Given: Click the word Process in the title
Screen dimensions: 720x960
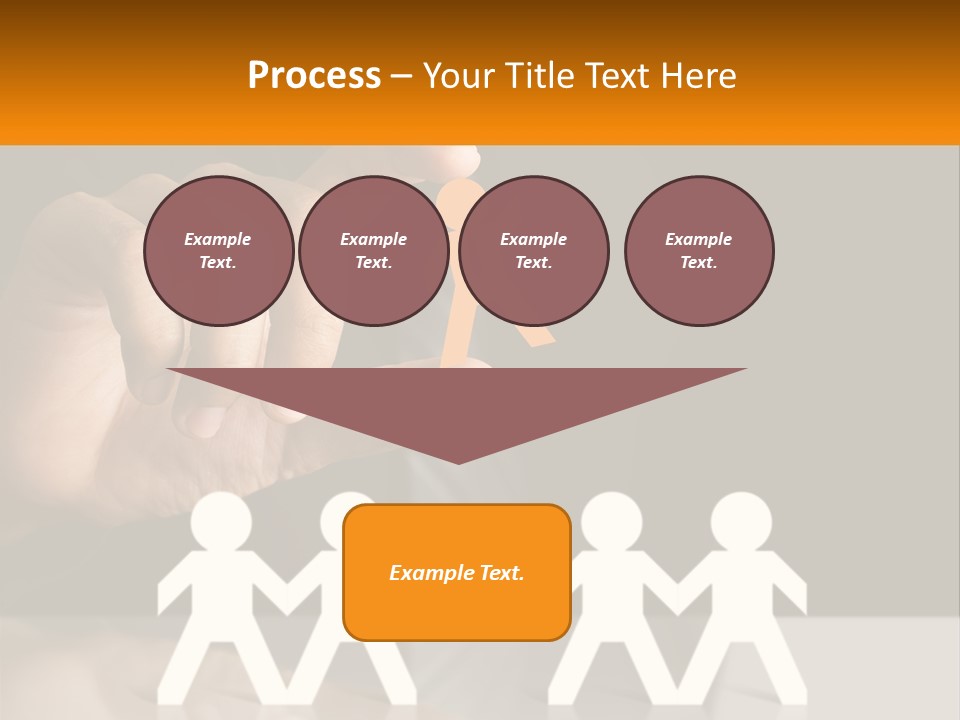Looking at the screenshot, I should (314, 75).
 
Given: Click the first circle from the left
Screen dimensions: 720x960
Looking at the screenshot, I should (219, 251).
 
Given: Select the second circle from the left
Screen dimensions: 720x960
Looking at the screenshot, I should (374, 251).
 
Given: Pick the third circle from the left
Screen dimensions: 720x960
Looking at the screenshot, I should (534, 251).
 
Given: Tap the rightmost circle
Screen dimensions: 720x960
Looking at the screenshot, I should (699, 251).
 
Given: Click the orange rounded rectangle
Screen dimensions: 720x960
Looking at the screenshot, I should (457, 572).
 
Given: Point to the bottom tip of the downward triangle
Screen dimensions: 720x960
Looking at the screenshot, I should (458, 462).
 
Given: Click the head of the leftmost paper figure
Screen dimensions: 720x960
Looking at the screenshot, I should (221, 521).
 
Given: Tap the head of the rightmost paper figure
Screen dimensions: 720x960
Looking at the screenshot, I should (741, 521).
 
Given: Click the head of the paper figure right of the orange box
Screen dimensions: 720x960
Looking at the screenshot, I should (611, 521).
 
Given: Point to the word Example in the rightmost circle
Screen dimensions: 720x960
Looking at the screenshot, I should (699, 239).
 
